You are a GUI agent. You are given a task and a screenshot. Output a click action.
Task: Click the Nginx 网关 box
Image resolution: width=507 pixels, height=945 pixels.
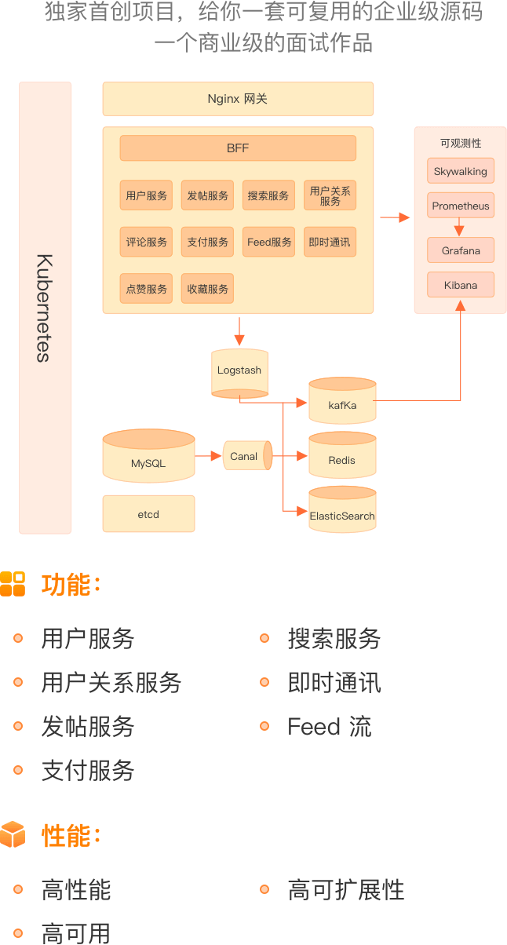tap(238, 99)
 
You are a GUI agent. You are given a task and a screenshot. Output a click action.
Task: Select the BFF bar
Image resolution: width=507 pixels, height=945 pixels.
tap(238, 148)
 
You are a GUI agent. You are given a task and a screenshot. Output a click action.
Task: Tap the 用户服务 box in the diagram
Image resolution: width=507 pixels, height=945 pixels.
tap(146, 195)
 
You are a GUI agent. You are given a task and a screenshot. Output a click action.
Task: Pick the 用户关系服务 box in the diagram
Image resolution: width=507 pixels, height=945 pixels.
tap(330, 195)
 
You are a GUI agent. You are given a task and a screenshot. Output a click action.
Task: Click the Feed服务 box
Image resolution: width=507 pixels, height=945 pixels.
tap(268, 242)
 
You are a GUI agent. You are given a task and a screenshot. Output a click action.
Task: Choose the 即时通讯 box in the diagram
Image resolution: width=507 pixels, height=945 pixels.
tap(330, 242)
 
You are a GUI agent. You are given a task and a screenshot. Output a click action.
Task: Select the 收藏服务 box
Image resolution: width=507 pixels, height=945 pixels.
tap(207, 289)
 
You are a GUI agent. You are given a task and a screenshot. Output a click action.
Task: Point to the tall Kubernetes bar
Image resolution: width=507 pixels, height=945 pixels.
tap(46, 308)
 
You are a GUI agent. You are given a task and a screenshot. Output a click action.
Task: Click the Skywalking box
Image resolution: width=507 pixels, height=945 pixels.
tap(461, 171)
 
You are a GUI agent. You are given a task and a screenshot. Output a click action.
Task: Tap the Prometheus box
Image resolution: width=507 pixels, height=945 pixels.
tap(461, 206)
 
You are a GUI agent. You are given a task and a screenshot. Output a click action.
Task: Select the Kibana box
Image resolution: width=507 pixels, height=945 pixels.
tap(461, 285)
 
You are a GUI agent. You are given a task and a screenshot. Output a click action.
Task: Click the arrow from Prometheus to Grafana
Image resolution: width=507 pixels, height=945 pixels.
tap(460, 228)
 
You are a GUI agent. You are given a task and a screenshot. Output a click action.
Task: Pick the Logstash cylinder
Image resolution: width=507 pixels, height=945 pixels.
tap(239, 372)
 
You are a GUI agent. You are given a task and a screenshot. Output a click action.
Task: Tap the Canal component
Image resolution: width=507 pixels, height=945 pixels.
tap(246, 456)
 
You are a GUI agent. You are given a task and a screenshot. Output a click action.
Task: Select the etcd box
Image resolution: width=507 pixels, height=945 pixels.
tap(148, 514)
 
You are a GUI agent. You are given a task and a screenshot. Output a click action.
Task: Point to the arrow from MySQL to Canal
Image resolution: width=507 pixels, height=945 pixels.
tap(209, 456)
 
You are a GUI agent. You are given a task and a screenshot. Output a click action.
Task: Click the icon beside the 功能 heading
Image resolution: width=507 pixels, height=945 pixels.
tap(13, 584)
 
